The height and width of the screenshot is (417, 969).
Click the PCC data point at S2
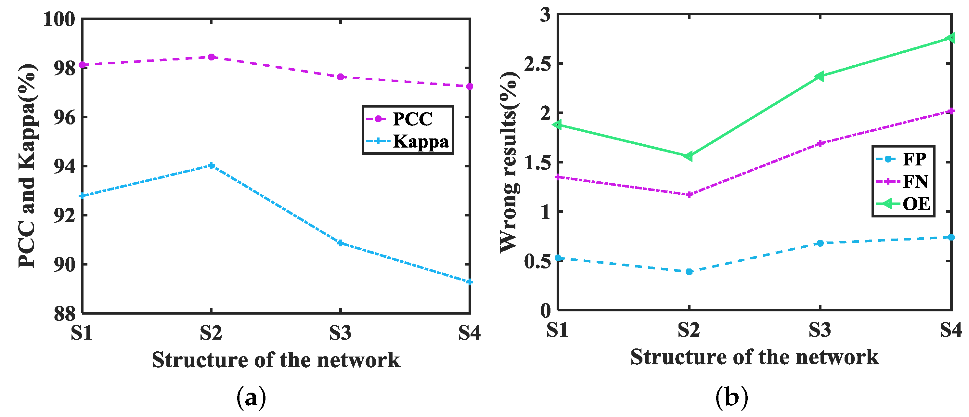click(212, 57)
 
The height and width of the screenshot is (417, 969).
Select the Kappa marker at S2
click(212, 165)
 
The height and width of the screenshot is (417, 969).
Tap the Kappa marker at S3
click(341, 243)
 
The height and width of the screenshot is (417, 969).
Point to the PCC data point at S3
click(341, 77)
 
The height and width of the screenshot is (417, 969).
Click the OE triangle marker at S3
click(820, 76)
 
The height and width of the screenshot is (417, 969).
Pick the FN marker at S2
click(689, 195)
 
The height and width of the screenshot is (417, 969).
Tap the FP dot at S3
click(820, 243)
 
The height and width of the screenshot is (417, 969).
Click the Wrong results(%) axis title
click(509, 162)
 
